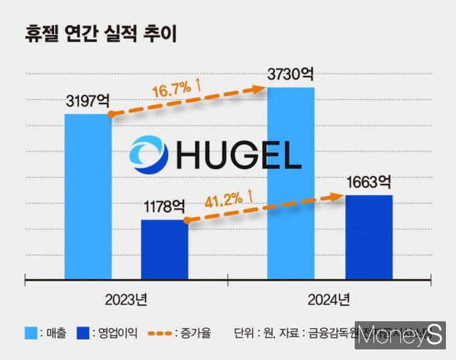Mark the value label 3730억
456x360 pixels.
point(289,75)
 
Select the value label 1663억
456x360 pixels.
point(367,182)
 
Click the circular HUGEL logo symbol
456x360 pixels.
point(148,155)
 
